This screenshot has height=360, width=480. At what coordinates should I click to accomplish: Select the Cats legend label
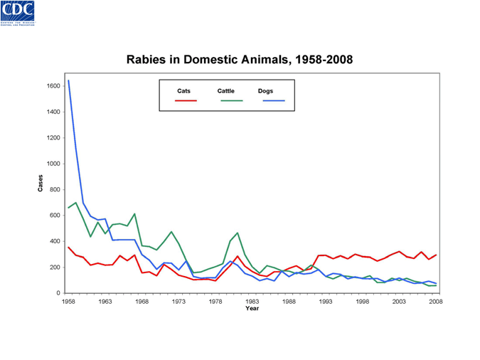(x=183, y=91)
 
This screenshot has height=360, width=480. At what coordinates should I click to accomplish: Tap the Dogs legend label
(x=265, y=91)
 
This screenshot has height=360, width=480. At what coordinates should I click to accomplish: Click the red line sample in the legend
(x=186, y=101)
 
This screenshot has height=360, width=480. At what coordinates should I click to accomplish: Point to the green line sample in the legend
(x=231, y=101)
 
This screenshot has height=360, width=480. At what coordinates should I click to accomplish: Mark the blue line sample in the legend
(x=274, y=101)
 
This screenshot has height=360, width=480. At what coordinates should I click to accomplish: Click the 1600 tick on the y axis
(x=53, y=86)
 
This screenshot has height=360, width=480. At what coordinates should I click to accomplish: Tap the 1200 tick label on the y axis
(x=53, y=138)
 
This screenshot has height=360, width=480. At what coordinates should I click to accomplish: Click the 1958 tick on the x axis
(x=68, y=302)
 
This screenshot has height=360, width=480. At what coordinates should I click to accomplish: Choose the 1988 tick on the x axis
(x=289, y=302)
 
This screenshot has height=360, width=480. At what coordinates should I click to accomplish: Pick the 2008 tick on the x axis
(x=435, y=302)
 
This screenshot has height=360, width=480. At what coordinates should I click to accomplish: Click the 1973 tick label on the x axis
(x=178, y=302)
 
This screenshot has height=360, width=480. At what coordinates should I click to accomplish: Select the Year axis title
(x=252, y=309)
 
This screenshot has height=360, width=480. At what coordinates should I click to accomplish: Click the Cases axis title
(x=40, y=183)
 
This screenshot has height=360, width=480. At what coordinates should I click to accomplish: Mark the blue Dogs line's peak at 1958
(x=69, y=80)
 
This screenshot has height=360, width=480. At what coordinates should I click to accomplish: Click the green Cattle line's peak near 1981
(x=238, y=233)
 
